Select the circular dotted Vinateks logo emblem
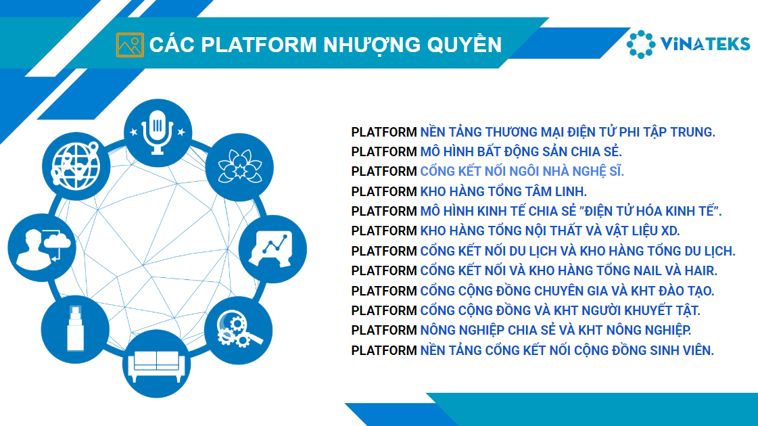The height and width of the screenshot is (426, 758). (640, 43)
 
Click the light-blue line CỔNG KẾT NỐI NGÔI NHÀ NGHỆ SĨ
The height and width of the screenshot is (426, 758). (521, 171)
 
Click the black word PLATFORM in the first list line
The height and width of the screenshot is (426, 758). (384, 132)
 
